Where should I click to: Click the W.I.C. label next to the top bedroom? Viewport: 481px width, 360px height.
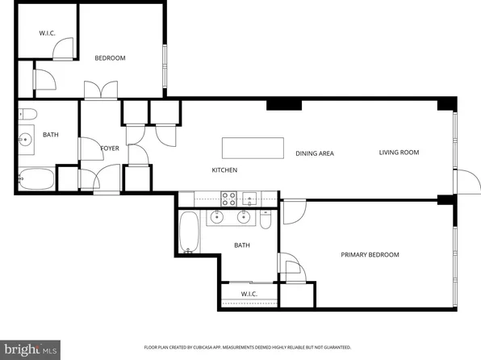[46, 34]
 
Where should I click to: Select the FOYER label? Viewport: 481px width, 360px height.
[109, 149]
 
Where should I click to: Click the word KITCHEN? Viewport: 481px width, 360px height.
[224, 170]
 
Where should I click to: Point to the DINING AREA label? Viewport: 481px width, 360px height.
[314, 153]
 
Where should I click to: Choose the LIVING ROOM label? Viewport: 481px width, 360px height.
[399, 153]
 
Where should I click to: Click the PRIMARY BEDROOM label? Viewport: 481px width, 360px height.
[370, 255]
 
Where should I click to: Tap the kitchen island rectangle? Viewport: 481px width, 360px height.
[253, 149]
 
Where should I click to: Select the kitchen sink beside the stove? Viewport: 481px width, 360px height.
[251, 197]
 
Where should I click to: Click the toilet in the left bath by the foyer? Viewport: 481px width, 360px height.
[26, 114]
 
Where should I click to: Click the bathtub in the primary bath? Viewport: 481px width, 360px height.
[189, 232]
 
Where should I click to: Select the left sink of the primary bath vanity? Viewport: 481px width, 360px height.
[217, 217]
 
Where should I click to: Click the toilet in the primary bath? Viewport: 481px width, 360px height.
[266, 220]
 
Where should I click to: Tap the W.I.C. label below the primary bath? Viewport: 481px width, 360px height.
[250, 294]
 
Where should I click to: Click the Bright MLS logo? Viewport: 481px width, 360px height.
[30, 349]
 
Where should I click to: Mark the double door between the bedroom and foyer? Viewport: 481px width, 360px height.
[98, 91]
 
